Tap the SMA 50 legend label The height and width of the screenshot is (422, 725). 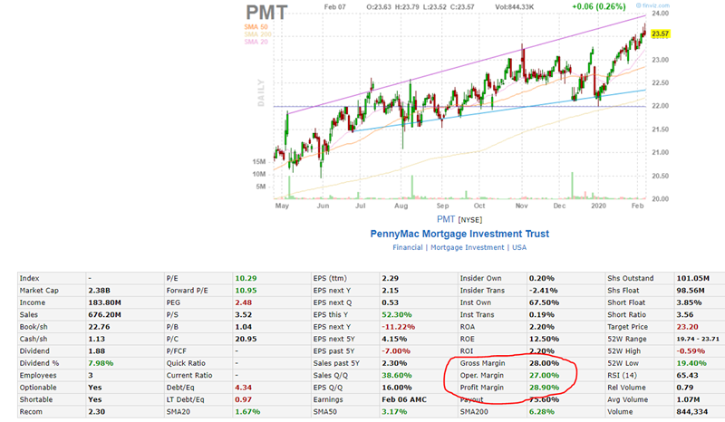pyautogui.click(x=256, y=27)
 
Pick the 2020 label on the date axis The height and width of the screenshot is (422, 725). pyautogui.click(x=597, y=206)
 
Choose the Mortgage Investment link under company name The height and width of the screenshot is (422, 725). pyautogui.click(x=466, y=247)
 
